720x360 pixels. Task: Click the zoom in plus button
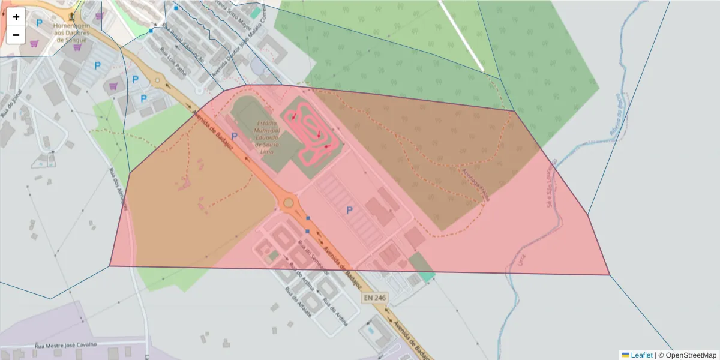click(16, 17)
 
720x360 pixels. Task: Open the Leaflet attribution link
click(641, 355)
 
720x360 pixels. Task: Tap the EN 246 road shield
click(374, 298)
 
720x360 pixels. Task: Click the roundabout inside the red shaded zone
click(289, 203)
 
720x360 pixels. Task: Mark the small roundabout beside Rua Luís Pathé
click(158, 80)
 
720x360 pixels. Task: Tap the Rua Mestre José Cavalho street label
click(65, 345)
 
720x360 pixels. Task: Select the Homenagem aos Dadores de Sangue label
click(71, 33)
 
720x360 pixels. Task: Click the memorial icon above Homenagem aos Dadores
click(72, 14)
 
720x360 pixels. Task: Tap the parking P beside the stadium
click(234, 137)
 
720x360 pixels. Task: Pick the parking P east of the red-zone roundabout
click(349, 209)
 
